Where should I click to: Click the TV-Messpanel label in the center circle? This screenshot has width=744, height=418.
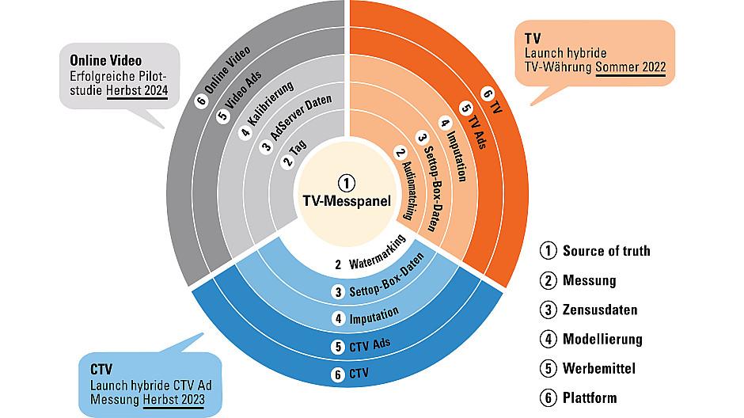point(347,201)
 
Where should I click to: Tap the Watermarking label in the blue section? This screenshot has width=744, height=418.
point(378,253)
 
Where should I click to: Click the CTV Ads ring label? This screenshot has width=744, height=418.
point(370,344)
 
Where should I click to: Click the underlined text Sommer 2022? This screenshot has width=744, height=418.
point(631,67)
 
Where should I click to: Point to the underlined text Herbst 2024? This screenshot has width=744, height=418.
point(137,90)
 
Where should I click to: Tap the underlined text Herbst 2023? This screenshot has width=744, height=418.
point(173,400)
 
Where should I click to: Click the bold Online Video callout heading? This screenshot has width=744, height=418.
point(105,60)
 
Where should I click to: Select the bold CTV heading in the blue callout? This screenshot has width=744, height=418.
point(101,369)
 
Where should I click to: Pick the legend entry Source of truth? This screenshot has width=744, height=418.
point(606,250)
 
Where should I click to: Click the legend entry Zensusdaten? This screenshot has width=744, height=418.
point(600,310)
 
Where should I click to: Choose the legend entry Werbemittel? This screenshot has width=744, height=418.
point(599,369)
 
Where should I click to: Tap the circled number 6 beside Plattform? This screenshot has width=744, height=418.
point(548,397)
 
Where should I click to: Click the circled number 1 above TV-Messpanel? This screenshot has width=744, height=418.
point(347,183)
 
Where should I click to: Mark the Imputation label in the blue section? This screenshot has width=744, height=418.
point(374,316)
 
